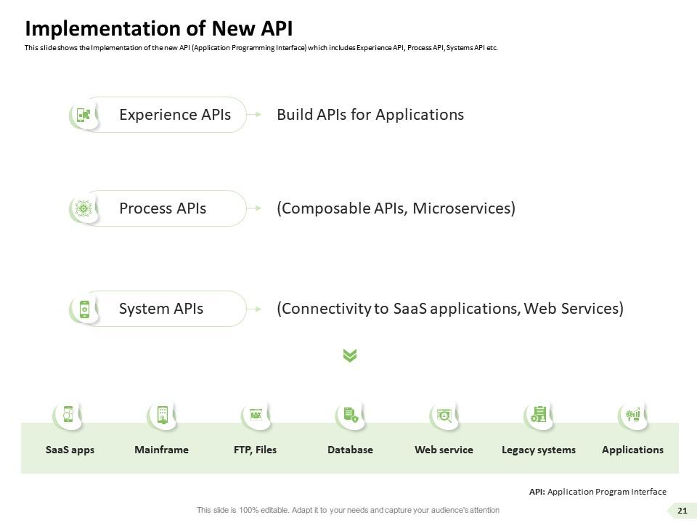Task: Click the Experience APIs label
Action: [x=175, y=115]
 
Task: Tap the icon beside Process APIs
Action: [x=83, y=208]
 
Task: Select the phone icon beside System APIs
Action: [x=84, y=309]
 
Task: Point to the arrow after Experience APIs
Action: [x=254, y=115]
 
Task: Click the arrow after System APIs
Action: [x=254, y=309]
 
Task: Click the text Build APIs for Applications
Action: [x=370, y=115]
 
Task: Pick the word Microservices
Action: [x=462, y=208]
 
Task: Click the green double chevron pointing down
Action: [x=350, y=355]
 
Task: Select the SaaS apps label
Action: [x=70, y=450]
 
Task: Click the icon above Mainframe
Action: [x=163, y=415]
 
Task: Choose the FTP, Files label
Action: [x=255, y=450]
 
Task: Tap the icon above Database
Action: [x=351, y=415]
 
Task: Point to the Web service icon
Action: [x=444, y=415]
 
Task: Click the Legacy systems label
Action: [x=539, y=450]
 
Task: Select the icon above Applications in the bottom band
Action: [x=633, y=415]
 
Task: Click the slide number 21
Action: [x=682, y=511]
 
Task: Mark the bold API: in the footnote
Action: [x=537, y=492]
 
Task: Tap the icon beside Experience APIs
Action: [x=83, y=115]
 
